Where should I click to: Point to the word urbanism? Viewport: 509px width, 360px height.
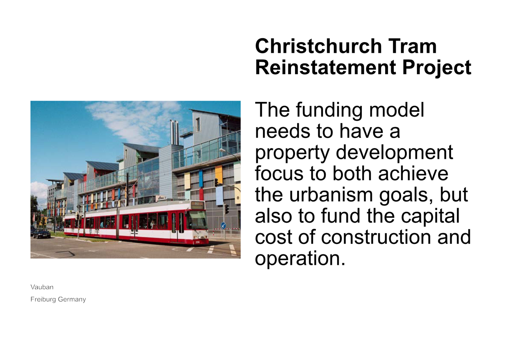[x=331, y=195]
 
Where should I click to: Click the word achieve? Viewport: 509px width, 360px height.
[x=413, y=174]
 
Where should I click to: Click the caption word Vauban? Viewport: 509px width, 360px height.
[x=42, y=287]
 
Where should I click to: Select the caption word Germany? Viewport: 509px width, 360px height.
[x=72, y=300]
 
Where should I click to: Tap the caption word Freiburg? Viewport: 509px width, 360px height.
[x=43, y=300]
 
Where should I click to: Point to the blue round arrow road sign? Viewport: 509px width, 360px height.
[x=223, y=226]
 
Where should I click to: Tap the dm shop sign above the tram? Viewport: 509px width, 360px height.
[x=161, y=198]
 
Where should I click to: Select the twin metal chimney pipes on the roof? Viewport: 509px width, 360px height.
[x=174, y=132]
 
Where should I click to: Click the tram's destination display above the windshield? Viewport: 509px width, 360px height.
[x=197, y=205]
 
